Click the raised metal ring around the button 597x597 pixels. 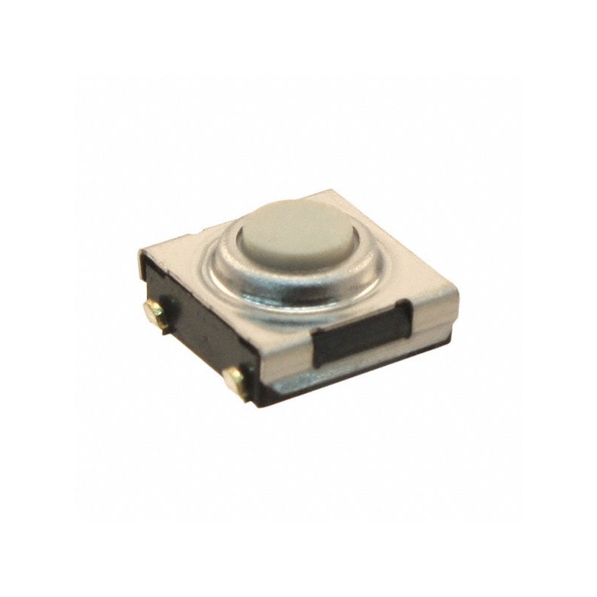(224, 269)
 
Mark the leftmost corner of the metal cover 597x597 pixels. (140, 254)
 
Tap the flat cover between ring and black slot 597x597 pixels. (351, 302)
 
